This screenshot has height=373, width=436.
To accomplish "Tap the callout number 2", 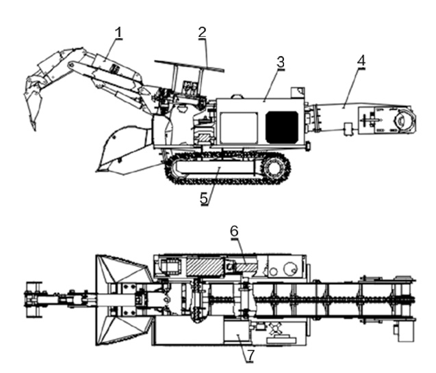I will tap(202, 31).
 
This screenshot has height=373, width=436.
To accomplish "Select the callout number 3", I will tap(280, 61).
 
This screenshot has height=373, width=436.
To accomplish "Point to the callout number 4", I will tap(361, 60).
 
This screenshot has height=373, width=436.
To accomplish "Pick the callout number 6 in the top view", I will tap(233, 231).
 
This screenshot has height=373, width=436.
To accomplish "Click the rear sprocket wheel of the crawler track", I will tap(276, 167).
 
